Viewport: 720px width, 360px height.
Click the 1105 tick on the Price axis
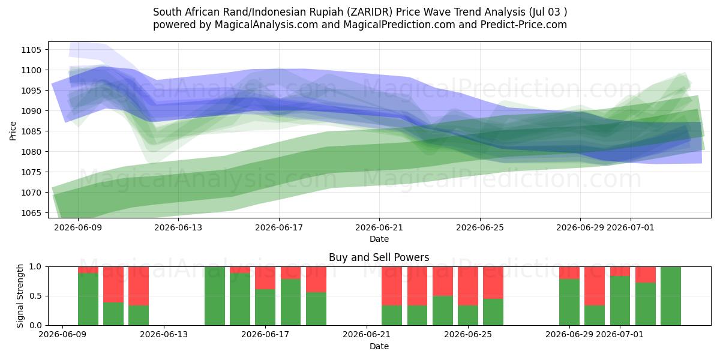click(x=31, y=50)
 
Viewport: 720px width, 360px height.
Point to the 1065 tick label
click(x=31, y=213)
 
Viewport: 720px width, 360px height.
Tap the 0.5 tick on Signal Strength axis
click(x=35, y=296)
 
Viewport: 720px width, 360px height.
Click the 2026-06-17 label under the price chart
click(x=279, y=228)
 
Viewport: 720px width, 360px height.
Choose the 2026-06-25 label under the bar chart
click(x=468, y=335)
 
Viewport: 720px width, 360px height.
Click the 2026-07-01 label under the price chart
click(x=631, y=228)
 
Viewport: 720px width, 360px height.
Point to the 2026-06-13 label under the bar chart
click(x=164, y=335)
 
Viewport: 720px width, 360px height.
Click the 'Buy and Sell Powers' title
click(x=379, y=257)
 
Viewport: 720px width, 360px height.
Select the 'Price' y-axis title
click(x=13, y=131)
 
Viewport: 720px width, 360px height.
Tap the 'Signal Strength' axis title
click(x=20, y=296)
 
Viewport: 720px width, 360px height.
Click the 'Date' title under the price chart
click(x=379, y=239)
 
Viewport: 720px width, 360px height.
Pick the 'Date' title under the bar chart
click(x=379, y=347)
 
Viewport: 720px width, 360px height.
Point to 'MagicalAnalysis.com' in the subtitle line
click(x=266, y=25)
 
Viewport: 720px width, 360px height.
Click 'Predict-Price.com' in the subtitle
click(x=524, y=25)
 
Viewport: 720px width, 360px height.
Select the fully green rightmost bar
click(x=671, y=296)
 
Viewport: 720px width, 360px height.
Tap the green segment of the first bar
click(x=88, y=299)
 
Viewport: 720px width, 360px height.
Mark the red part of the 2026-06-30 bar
click(x=595, y=286)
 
